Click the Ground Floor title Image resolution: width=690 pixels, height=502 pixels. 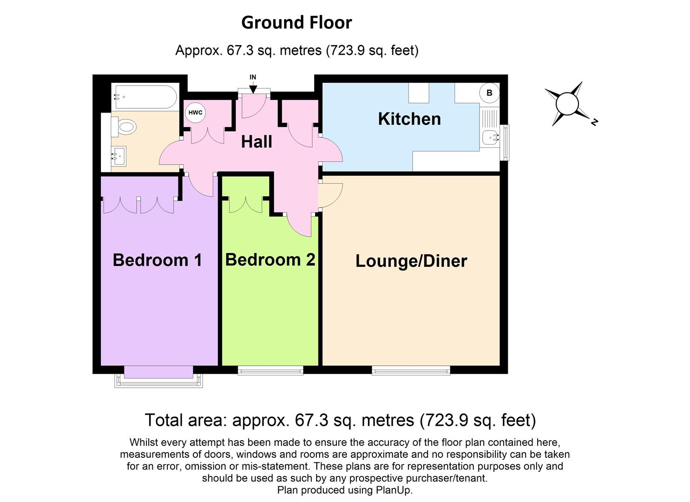coord(296,22)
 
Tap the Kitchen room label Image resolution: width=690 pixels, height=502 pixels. coord(409,119)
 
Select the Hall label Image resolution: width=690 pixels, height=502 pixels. coord(256,142)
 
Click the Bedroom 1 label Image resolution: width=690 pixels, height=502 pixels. coord(157,260)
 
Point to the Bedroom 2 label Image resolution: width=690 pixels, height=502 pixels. coord(270,259)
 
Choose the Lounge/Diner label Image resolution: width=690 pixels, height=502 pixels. coord(411,261)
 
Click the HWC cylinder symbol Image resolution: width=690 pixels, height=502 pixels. coord(195,112)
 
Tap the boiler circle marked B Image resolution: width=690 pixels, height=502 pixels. coord(489,93)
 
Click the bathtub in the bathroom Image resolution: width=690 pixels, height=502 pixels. coord(144,97)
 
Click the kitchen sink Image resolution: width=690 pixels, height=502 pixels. coord(489,137)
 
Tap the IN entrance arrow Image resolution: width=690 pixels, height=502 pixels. coord(253,87)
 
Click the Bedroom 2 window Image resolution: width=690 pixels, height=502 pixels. coord(270,370)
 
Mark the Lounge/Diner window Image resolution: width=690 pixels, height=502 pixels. coord(411,370)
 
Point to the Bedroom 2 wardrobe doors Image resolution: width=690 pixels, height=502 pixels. coord(245,205)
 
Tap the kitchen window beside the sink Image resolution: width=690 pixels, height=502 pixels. coord(504,142)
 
